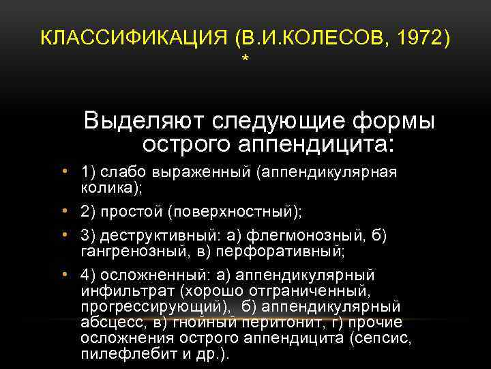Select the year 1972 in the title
(x=423, y=38)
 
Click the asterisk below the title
(x=245, y=62)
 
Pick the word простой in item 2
(x=134, y=213)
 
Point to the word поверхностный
(x=231, y=213)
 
